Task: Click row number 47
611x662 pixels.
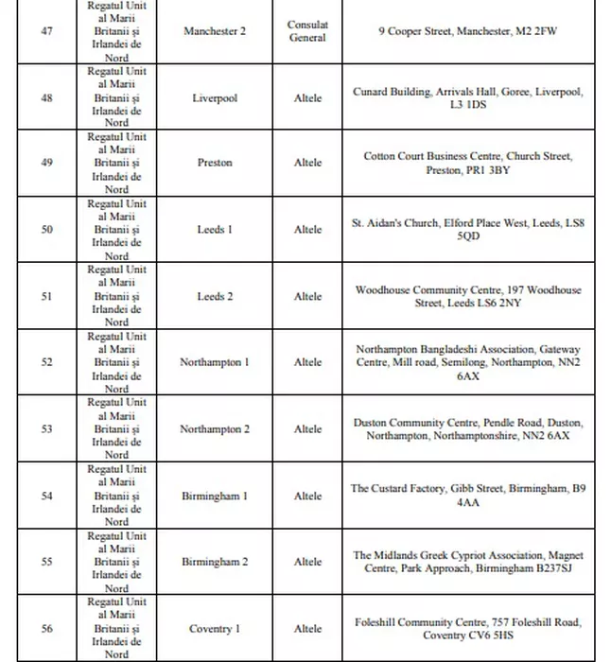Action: [47, 31]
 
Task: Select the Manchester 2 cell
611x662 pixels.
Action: [215, 31]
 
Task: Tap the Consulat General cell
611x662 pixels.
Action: [307, 31]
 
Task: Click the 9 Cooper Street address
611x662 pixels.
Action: [468, 31]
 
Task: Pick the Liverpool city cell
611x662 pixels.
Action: [215, 98]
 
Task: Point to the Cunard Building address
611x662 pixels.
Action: [468, 98]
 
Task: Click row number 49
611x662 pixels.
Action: [47, 163]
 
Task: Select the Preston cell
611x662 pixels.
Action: [215, 163]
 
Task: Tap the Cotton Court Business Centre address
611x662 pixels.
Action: [468, 163]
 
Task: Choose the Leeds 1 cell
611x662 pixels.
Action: [215, 230]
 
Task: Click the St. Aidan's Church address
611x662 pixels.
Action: [468, 230]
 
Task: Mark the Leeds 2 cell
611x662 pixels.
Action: [215, 297]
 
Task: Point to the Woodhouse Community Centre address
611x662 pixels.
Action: [468, 297]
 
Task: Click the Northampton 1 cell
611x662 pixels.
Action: [215, 362]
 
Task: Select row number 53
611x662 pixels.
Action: [47, 429]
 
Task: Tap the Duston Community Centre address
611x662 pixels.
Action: [468, 429]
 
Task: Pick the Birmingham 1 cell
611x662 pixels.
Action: [215, 496]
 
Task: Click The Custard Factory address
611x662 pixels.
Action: [468, 496]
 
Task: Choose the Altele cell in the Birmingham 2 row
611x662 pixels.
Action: [307, 562]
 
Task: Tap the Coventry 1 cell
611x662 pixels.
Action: [215, 629]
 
